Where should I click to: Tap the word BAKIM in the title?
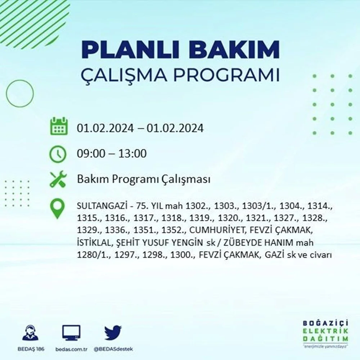click(x=234, y=49)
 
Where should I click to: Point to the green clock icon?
click(x=58, y=154)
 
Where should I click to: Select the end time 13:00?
click(x=132, y=153)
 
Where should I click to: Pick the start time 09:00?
click(x=91, y=153)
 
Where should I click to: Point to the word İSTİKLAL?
click(x=93, y=242)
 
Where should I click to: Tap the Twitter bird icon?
click(x=113, y=332)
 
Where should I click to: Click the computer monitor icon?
click(x=71, y=333)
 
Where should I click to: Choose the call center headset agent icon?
click(x=31, y=332)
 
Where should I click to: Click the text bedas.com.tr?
click(x=71, y=349)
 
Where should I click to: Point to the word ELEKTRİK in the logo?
click(x=325, y=331)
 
